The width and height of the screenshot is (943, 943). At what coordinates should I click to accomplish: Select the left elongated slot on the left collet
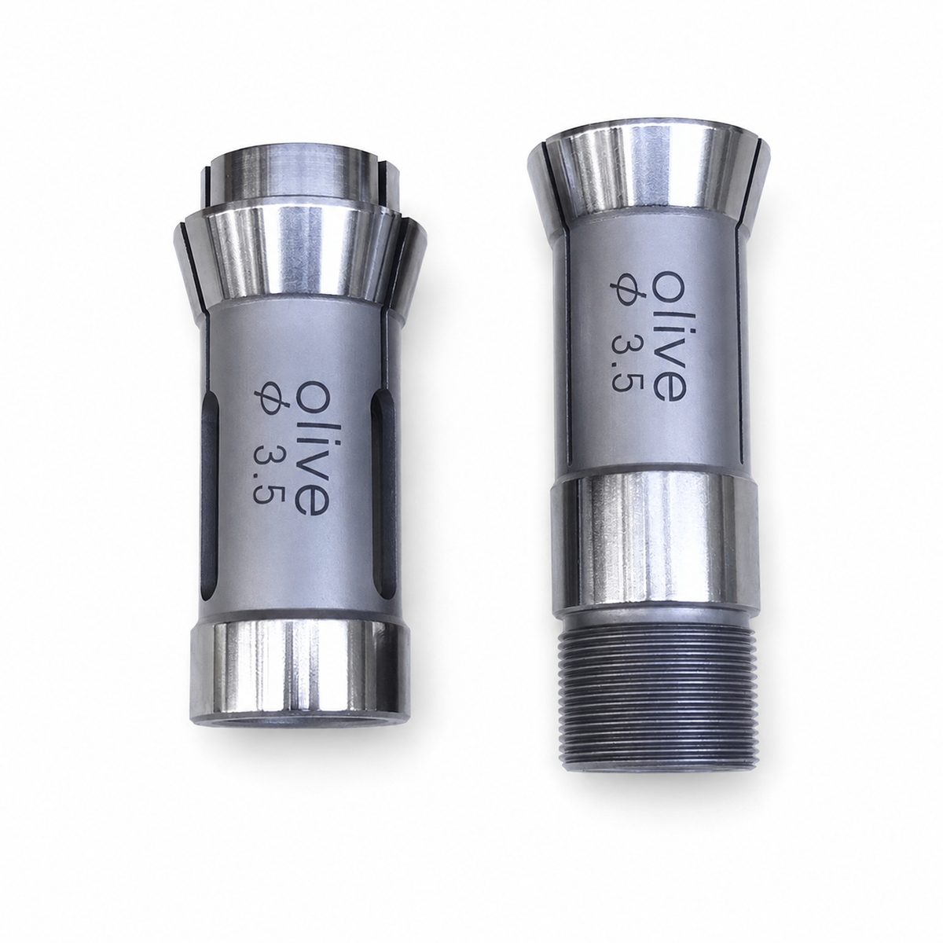210,492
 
